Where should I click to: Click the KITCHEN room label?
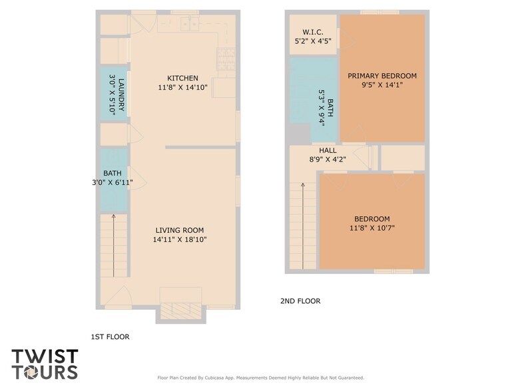point(182,78)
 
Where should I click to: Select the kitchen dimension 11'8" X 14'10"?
point(182,88)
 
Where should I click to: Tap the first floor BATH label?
point(113,173)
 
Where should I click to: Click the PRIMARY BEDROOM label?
point(382,76)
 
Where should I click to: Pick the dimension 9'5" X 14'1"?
point(382,85)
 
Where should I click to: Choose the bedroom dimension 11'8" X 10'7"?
point(372,229)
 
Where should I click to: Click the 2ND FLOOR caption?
point(300,301)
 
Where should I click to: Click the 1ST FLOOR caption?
point(110,337)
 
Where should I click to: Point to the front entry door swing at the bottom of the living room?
point(118,297)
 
